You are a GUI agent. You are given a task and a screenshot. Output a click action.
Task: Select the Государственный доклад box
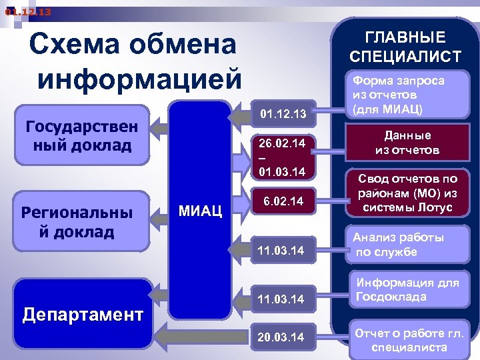(x=81, y=135)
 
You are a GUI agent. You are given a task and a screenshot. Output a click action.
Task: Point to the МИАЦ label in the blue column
(x=200, y=211)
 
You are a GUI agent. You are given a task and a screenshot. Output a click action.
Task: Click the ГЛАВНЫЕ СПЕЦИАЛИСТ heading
(x=405, y=47)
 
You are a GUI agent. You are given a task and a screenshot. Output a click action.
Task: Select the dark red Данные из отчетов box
(x=407, y=143)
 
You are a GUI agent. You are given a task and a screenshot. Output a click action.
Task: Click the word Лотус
(x=435, y=207)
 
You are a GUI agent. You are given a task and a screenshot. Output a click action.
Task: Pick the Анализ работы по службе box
(x=398, y=245)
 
